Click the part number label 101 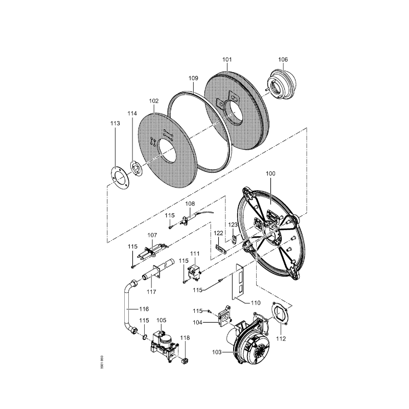227,59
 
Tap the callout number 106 283,59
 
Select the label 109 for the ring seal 193,78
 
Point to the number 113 115,123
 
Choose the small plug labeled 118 186,361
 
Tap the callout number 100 270,173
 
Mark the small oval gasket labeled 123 235,238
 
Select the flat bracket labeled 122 221,249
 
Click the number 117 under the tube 151,291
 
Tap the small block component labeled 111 195,272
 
